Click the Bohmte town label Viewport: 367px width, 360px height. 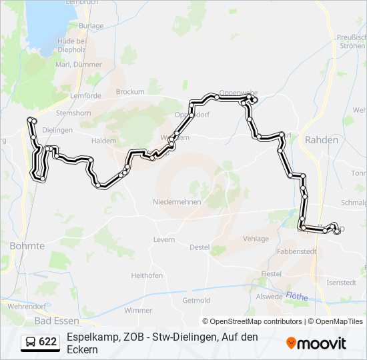pyautogui.click(x=27, y=246)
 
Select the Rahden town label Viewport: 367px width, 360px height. pyautogui.click(x=321, y=140)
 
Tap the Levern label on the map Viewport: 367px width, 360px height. pyautogui.click(x=163, y=239)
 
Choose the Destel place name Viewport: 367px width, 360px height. pyautogui.click(x=200, y=247)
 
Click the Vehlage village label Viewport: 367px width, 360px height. pyautogui.click(x=256, y=239)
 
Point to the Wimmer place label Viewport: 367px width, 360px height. pyautogui.click(x=138, y=310)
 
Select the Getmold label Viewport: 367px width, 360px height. pyautogui.click(x=196, y=300)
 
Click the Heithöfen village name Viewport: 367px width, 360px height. pyautogui.click(x=147, y=275)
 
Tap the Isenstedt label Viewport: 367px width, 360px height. pyautogui.click(x=342, y=282)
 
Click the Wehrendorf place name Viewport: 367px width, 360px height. pyautogui.click(x=26, y=305)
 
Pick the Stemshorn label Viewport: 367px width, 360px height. pyautogui.click(x=73, y=113)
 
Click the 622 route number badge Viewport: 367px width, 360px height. pyautogui.click(x=40, y=342)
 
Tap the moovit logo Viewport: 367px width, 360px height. pyautogui.click(x=316, y=343)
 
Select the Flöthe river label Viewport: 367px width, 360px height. pyautogui.click(x=298, y=295)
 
